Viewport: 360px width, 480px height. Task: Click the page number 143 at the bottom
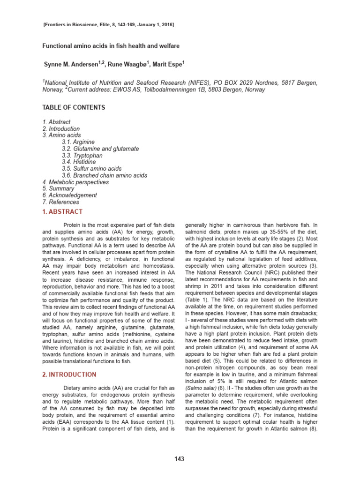click(180, 458)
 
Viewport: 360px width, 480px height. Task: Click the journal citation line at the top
click(108, 24)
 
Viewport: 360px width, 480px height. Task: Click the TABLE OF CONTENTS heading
click(74, 107)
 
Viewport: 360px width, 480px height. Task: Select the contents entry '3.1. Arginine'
click(78, 142)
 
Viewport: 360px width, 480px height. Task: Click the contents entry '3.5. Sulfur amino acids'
click(91, 168)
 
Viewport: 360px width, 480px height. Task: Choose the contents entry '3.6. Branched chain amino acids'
click(104, 175)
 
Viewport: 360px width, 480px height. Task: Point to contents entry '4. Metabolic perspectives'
click(75, 182)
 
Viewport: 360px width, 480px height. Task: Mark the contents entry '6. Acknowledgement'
click(69, 195)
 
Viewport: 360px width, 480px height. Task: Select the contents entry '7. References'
click(60, 202)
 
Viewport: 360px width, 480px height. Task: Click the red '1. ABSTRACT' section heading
click(62, 212)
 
